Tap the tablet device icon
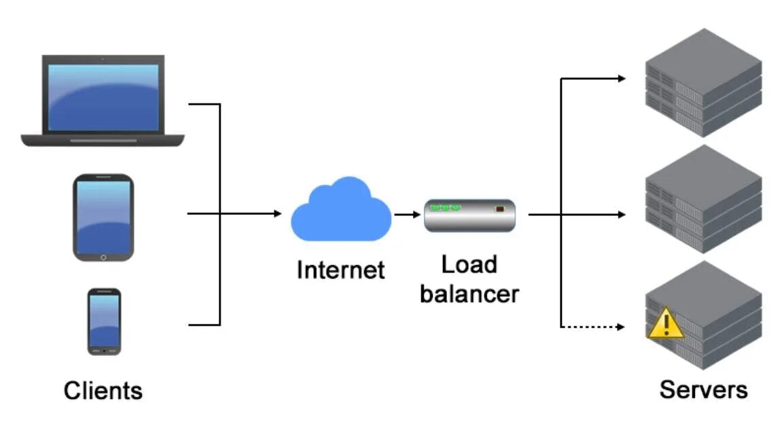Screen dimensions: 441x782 (x=103, y=217)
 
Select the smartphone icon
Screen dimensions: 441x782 (x=104, y=321)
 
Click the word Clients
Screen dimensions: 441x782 (x=103, y=391)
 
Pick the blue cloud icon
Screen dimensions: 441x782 (x=341, y=211)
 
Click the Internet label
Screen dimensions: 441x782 (x=340, y=270)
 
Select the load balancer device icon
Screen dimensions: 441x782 (x=469, y=215)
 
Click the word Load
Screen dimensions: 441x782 (x=469, y=264)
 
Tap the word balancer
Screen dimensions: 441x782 (x=469, y=294)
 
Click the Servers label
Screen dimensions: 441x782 (x=703, y=389)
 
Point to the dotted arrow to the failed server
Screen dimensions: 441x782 (x=591, y=327)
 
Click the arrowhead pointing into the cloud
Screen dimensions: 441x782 (x=277, y=214)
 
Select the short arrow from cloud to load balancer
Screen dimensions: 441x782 (x=406, y=215)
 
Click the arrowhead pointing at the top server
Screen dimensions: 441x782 (x=622, y=79)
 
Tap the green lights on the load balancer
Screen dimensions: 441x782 (x=445, y=207)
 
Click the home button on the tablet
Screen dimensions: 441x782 (x=103, y=257)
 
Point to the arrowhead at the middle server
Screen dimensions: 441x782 (x=621, y=215)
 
